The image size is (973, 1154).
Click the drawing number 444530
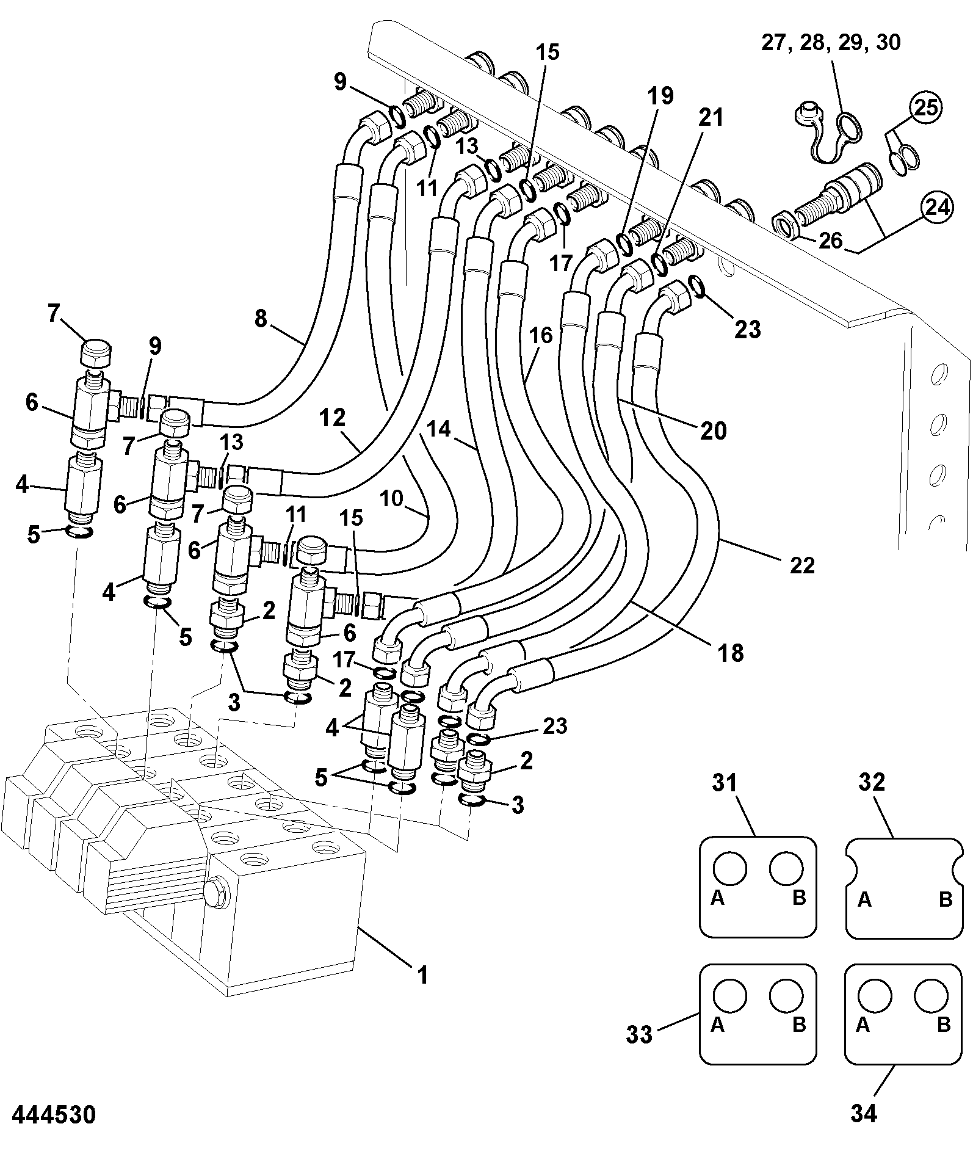[x=54, y=1114]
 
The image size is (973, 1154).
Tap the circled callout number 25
[x=927, y=107]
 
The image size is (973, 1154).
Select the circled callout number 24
[x=936, y=208]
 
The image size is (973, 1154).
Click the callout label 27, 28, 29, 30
[x=831, y=43]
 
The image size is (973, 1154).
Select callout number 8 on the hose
[x=261, y=318]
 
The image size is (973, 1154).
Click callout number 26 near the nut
[x=830, y=241]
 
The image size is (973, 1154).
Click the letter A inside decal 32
[x=864, y=899]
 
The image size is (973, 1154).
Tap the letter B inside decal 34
[x=943, y=1024]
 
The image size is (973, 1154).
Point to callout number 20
[x=713, y=430]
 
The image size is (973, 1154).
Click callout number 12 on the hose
[x=331, y=418]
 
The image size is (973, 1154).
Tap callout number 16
[x=541, y=335]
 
